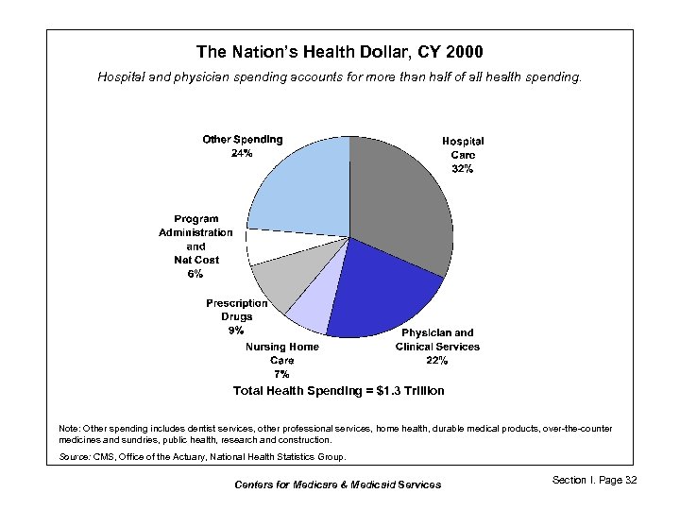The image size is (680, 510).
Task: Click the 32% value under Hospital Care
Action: click(x=463, y=169)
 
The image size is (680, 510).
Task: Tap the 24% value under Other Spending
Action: click(x=242, y=154)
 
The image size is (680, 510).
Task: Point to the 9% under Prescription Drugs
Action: click(x=236, y=331)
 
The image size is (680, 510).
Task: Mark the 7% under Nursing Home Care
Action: click(x=281, y=374)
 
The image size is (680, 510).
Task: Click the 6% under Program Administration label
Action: click(x=195, y=274)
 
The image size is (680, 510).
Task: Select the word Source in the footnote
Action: click(x=74, y=457)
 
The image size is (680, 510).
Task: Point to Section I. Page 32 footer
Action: click(x=594, y=481)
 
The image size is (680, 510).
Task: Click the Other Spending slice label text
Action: click(x=243, y=140)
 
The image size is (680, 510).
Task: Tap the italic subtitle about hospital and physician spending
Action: click(x=339, y=76)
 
